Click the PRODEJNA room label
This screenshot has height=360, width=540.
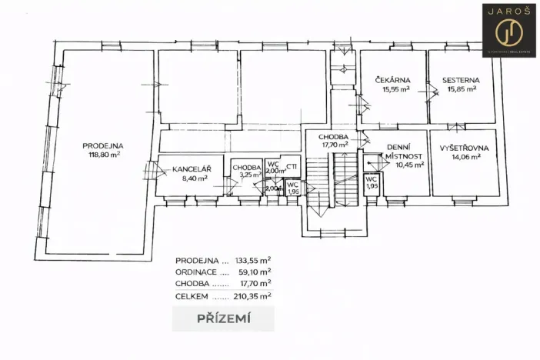(104, 145)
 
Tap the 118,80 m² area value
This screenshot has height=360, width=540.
(104, 154)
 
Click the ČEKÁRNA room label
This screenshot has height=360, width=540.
(393, 80)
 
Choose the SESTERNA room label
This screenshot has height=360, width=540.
(462, 80)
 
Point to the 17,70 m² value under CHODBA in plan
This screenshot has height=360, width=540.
(335, 144)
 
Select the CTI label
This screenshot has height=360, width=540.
(292, 166)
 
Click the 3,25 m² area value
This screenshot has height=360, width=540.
(247, 175)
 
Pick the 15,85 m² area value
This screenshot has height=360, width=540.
(462, 89)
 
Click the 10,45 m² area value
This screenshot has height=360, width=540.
(399, 164)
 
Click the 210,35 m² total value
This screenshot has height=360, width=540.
(254, 295)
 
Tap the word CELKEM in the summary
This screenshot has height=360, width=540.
(192, 295)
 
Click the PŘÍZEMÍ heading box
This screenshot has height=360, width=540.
(223, 318)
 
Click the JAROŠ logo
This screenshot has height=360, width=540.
(508, 31)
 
